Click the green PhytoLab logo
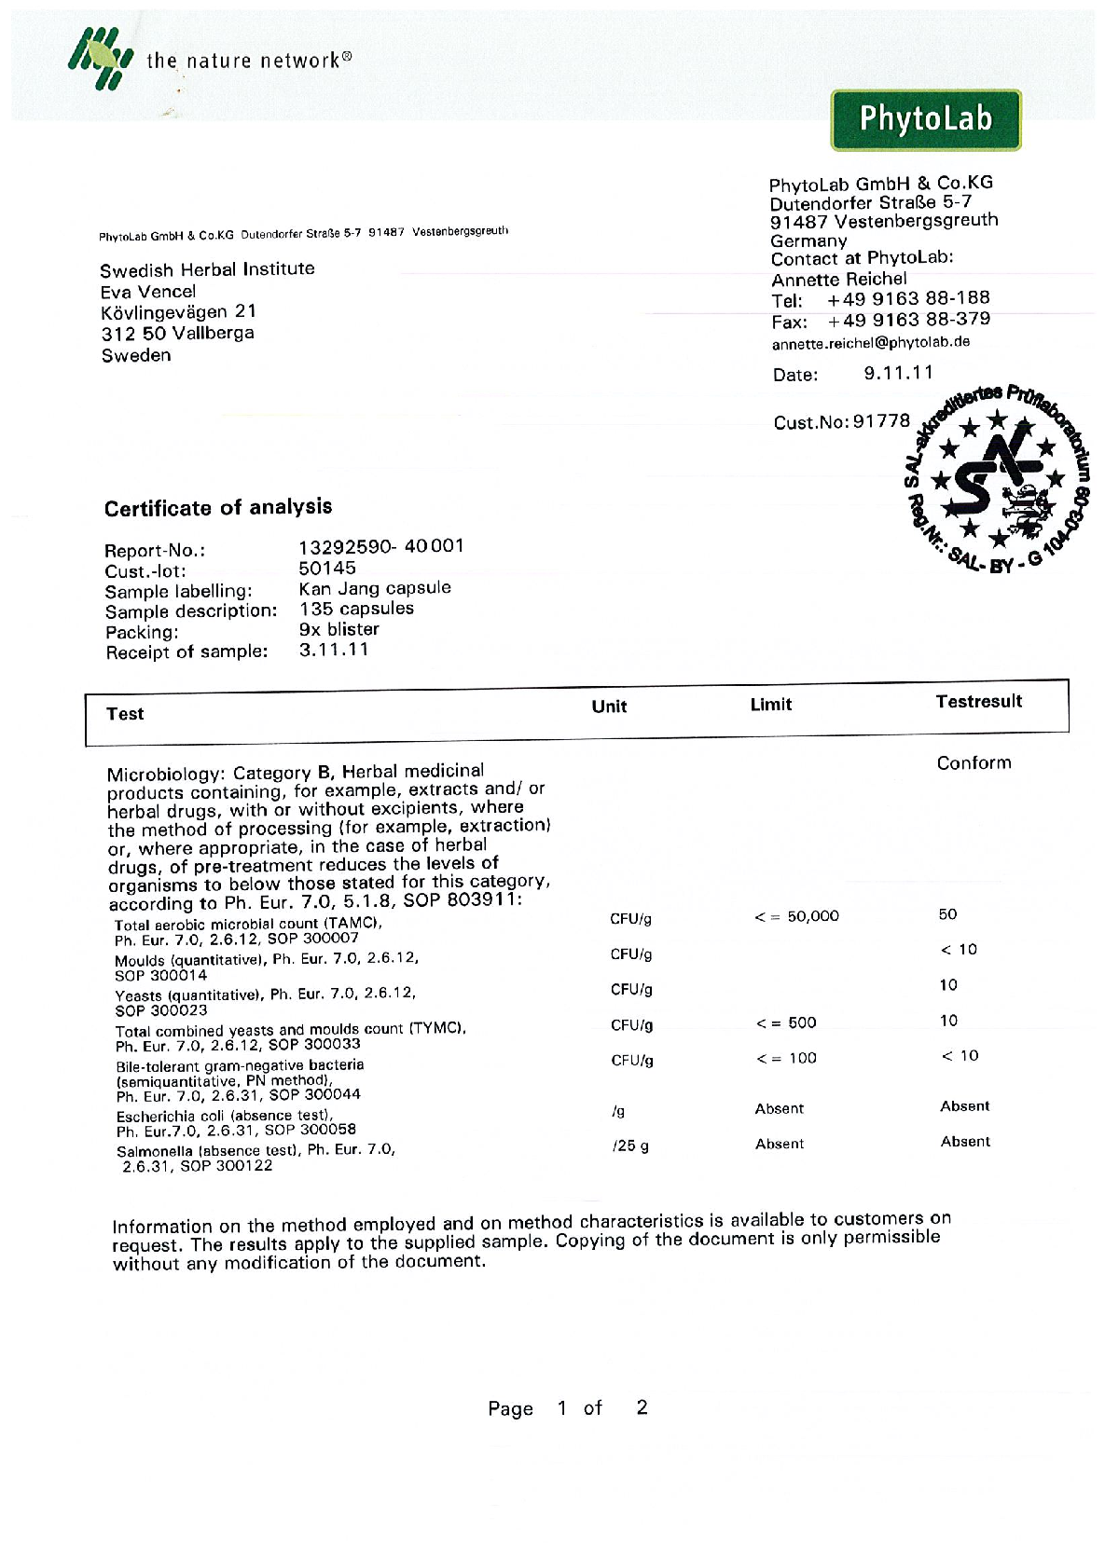(925, 119)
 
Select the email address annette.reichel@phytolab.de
(871, 343)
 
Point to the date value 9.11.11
(898, 373)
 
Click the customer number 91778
(881, 421)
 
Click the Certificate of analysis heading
(218, 508)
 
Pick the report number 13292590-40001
(380, 546)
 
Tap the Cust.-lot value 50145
(327, 568)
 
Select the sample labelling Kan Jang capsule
(375, 588)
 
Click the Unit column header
(609, 707)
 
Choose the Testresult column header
(978, 702)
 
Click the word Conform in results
(974, 762)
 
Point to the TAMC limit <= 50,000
(796, 916)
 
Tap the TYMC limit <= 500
(786, 1022)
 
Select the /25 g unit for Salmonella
(630, 1146)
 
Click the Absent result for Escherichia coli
(964, 1106)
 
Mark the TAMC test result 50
(947, 914)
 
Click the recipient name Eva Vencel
(148, 292)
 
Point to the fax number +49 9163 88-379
(908, 320)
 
